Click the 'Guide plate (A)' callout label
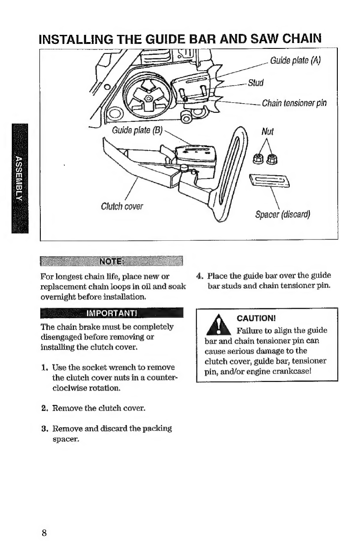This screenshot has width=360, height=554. point(296,61)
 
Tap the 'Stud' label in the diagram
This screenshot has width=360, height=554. point(256,83)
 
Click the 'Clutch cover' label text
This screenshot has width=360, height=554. point(122,207)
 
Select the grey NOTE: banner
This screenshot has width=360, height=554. point(111,262)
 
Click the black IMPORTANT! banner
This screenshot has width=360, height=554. point(111,313)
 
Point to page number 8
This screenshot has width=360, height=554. point(44,532)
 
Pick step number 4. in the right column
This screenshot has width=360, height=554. point(199,275)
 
